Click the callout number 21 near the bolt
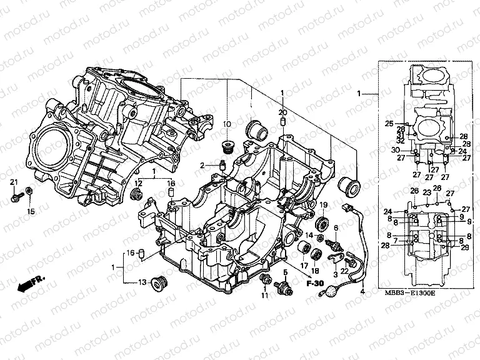pyautogui.click(x=14, y=182)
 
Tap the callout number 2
pyautogui.click(x=202, y=165)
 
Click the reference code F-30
pyautogui.click(x=315, y=285)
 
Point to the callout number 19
pyautogui.click(x=324, y=206)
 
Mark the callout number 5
pyautogui.click(x=285, y=272)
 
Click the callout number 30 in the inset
pyautogui.click(x=396, y=150)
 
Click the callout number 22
pyautogui.click(x=344, y=271)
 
